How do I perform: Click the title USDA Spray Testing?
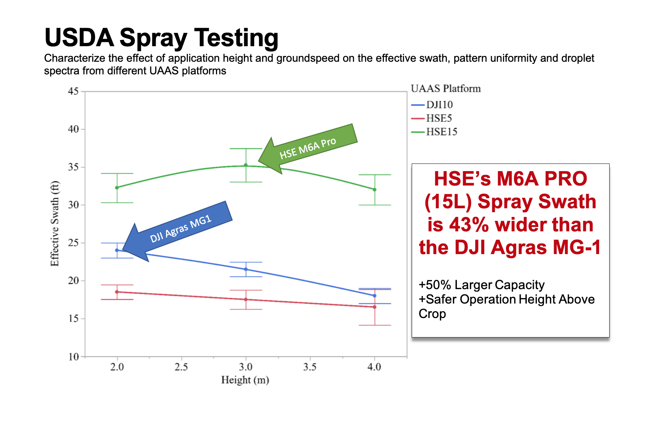click(x=161, y=38)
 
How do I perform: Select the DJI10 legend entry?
click(x=439, y=105)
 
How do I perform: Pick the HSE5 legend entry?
click(x=439, y=118)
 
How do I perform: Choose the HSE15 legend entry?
click(x=441, y=132)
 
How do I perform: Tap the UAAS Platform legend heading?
click(x=446, y=89)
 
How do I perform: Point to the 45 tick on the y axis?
click(x=73, y=91)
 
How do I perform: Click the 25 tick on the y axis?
click(x=73, y=243)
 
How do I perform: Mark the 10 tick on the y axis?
click(x=73, y=357)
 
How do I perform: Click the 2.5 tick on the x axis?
click(x=181, y=367)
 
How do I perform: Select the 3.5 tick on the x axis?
click(x=310, y=367)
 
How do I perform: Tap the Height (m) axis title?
click(x=245, y=380)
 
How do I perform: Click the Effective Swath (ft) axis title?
click(x=55, y=224)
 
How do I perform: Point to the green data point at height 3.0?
click(x=246, y=165)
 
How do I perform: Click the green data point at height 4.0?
click(x=375, y=189)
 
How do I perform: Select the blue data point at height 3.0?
click(x=246, y=269)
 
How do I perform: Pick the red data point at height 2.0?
click(x=117, y=292)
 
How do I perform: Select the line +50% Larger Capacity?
click(x=481, y=285)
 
